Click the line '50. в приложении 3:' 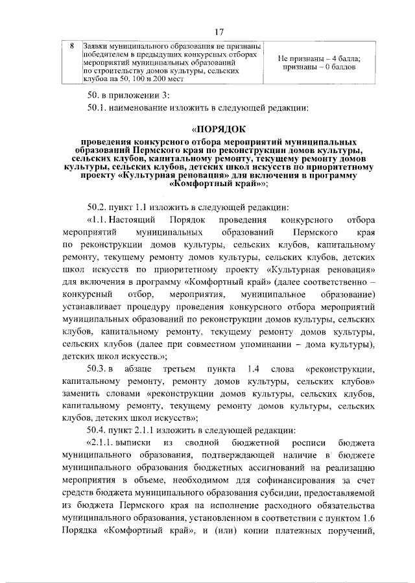(x=129, y=96)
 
